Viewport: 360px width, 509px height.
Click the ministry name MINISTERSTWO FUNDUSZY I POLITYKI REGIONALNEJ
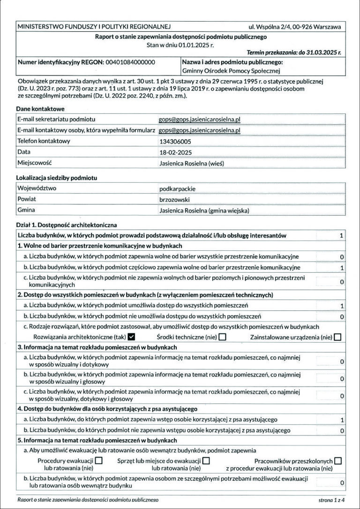(x=94, y=27)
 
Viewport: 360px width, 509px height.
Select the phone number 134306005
(x=175, y=141)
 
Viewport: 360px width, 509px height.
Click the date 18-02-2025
(x=176, y=152)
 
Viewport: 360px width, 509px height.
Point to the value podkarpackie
(x=177, y=189)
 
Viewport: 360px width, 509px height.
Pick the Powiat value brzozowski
(x=174, y=200)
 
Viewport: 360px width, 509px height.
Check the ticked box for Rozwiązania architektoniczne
(x=131, y=337)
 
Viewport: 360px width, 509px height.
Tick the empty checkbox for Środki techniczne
(x=222, y=337)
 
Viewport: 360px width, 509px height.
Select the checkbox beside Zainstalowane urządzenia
(x=337, y=337)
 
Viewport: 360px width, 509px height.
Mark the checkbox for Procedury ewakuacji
(x=98, y=461)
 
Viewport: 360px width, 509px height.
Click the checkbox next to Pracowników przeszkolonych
(x=338, y=461)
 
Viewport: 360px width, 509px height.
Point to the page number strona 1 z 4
(x=331, y=500)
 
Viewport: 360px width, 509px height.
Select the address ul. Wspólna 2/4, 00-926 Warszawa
(x=294, y=27)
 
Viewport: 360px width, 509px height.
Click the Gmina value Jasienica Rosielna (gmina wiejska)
(x=204, y=210)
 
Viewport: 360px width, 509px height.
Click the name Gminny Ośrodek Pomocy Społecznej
(x=231, y=71)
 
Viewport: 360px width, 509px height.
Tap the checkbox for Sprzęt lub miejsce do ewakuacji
(x=206, y=461)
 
